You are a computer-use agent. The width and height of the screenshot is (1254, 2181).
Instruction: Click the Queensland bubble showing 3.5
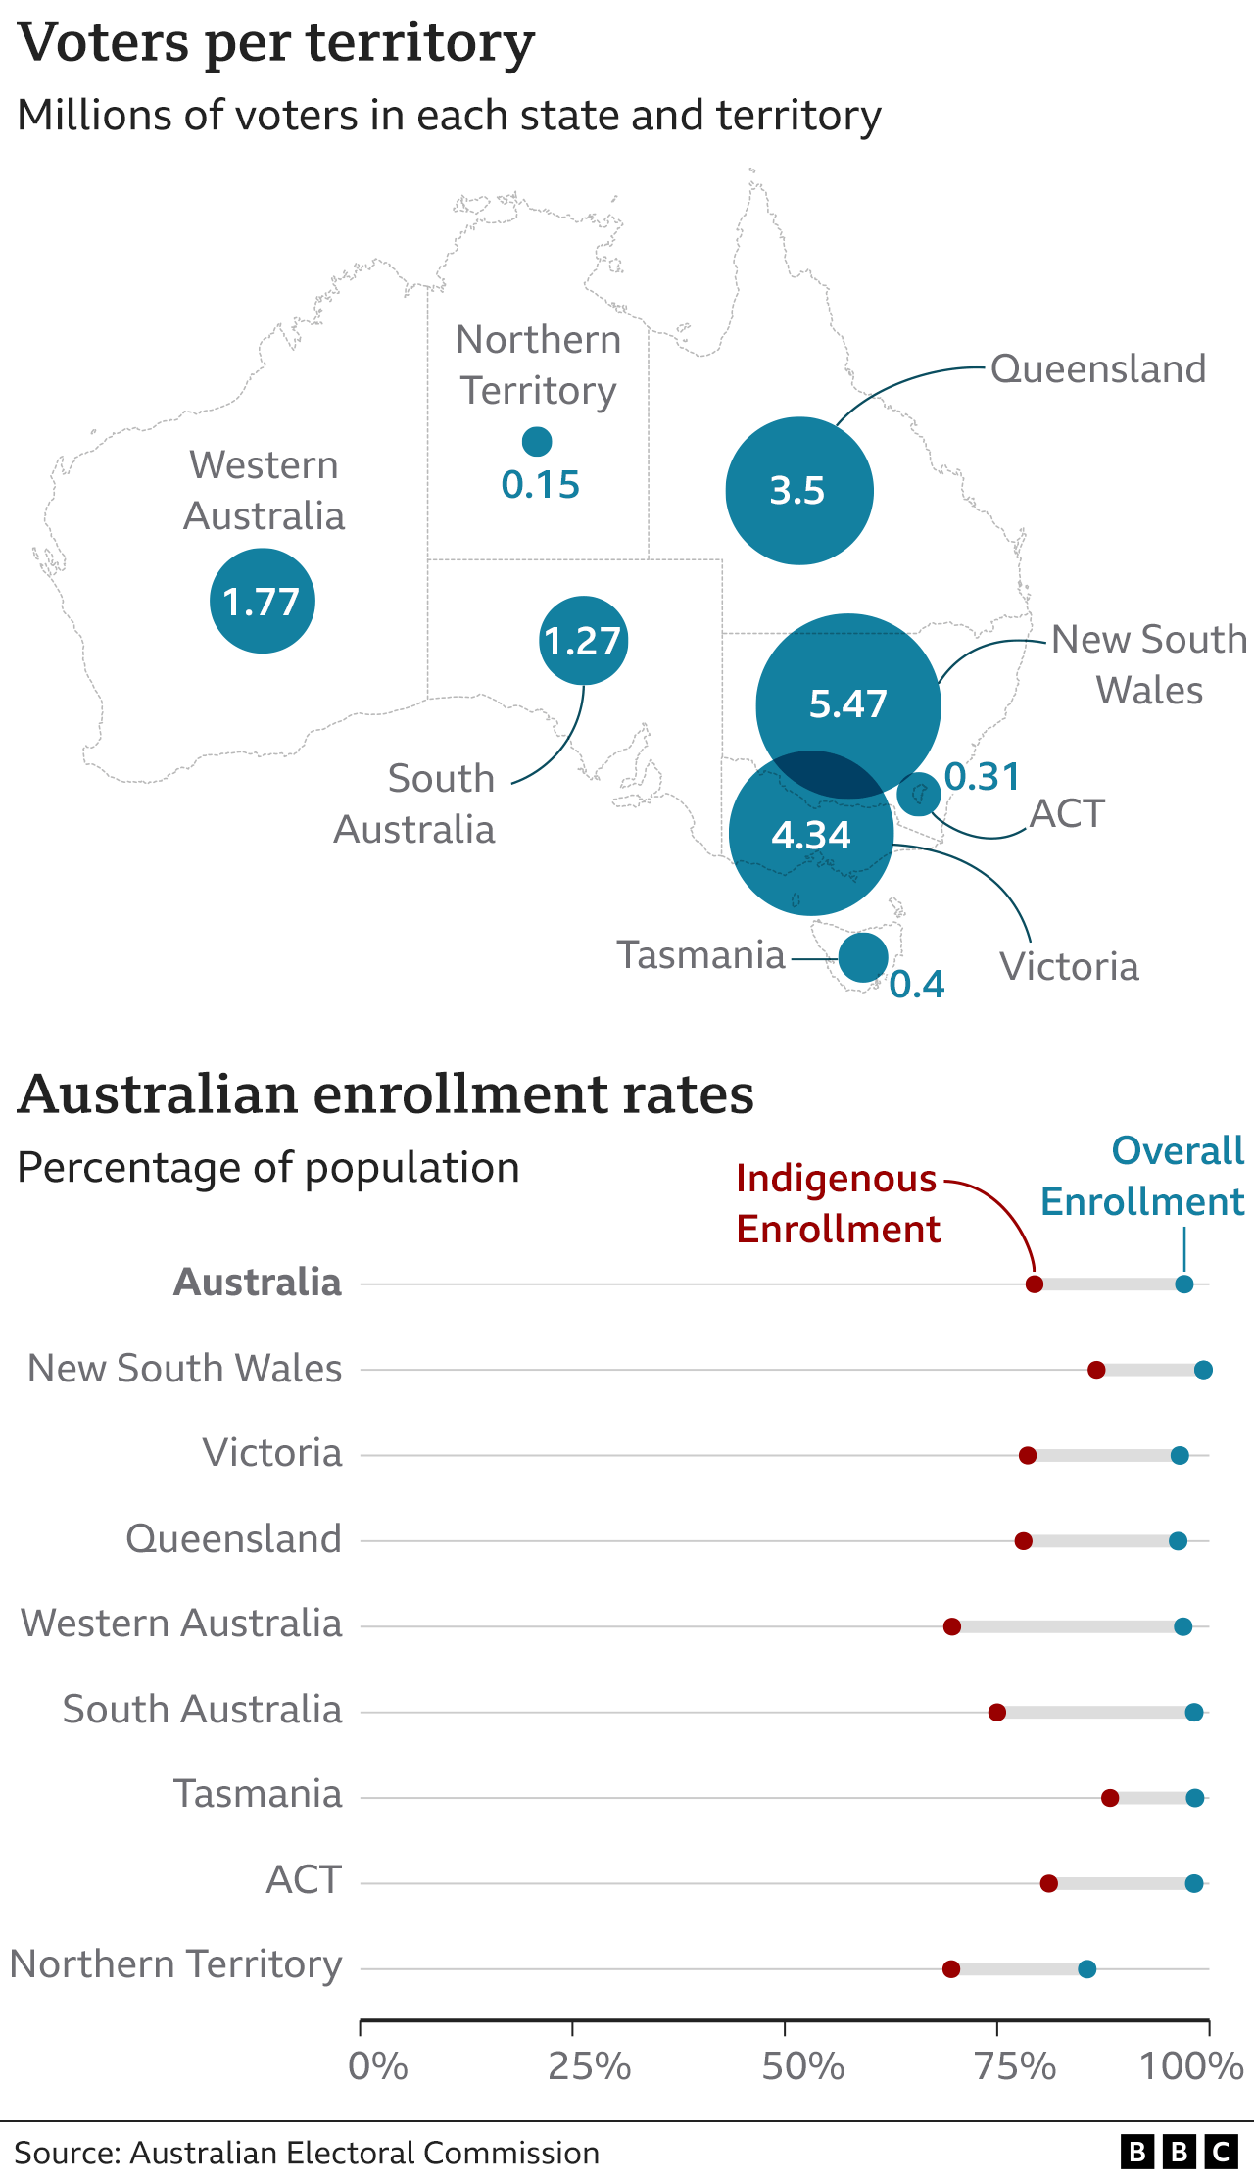coord(798,490)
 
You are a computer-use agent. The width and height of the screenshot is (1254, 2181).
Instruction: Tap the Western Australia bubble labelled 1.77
coord(262,601)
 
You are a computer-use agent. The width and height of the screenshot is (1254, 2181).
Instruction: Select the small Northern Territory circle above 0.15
coord(537,442)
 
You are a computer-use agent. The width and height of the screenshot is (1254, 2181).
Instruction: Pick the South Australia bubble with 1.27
coord(583,641)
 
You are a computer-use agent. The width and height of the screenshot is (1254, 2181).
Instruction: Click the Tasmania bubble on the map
coord(863,957)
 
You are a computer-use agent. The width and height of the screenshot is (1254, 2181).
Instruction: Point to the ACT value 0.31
coord(982,777)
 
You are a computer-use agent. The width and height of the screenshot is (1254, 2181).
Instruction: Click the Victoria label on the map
coord(1069,967)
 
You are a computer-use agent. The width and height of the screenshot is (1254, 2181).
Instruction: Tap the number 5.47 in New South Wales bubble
coord(847,703)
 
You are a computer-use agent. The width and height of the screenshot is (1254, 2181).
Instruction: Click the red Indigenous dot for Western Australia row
coord(951,1626)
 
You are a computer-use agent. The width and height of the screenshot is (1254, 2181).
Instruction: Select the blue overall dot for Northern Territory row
coord(1086,1968)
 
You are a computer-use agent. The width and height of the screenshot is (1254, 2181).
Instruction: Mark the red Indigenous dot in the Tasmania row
coord(1109,1798)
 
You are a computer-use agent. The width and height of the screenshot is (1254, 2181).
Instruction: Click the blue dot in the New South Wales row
coord(1203,1370)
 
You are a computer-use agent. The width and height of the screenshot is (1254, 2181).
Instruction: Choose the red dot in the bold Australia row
coord(1034,1284)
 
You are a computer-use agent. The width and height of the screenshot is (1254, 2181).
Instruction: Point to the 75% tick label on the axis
coord(1015,2066)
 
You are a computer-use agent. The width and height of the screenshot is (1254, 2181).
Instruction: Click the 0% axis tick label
coord(378,2066)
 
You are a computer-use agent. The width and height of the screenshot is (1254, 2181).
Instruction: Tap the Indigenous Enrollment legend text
coord(838,1203)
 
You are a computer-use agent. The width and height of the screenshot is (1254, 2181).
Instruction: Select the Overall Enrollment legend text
coord(1142,1176)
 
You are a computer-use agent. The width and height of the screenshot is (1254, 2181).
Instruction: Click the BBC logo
coord(1180,2152)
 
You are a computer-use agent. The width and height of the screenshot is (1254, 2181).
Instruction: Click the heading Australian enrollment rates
coord(386,1094)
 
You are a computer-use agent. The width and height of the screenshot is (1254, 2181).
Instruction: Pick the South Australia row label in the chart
coord(202,1710)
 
